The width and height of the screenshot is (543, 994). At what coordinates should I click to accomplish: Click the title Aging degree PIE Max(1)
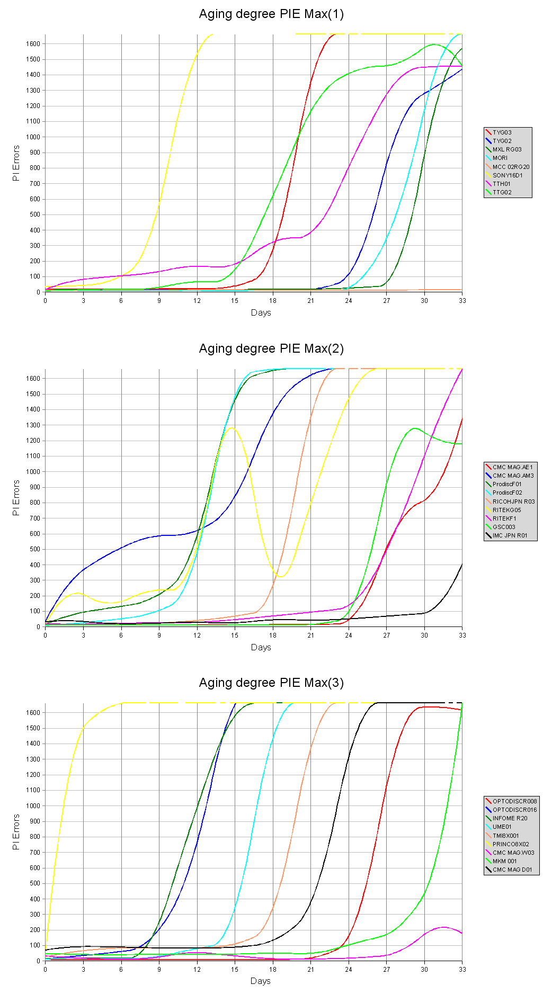click(x=271, y=14)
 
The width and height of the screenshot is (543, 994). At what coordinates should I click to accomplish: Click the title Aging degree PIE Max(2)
click(x=271, y=348)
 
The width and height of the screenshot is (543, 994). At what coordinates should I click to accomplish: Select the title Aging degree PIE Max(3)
click(x=271, y=683)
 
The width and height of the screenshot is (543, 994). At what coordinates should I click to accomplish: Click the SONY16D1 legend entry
click(x=507, y=175)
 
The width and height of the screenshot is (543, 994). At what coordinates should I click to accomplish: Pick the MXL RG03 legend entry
click(x=506, y=149)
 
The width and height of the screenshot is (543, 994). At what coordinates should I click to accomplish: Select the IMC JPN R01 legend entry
click(x=510, y=535)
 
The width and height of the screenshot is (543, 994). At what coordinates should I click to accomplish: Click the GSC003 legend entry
click(x=503, y=527)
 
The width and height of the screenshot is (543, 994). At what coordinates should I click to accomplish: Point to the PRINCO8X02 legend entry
click(x=511, y=844)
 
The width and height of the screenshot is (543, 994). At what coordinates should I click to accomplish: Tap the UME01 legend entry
click(x=502, y=827)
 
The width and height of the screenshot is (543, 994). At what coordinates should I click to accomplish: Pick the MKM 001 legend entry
click(x=504, y=861)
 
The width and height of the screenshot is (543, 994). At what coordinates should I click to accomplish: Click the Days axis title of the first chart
click(x=261, y=313)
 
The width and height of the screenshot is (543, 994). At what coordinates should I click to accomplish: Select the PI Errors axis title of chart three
click(x=16, y=832)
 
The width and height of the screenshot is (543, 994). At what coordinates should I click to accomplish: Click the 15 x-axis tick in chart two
click(x=235, y=635)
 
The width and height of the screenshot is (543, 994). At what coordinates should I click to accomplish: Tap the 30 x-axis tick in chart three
click(x=424, y=970)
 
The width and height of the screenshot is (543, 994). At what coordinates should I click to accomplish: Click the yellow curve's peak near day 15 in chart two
click(x=232, y=428)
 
